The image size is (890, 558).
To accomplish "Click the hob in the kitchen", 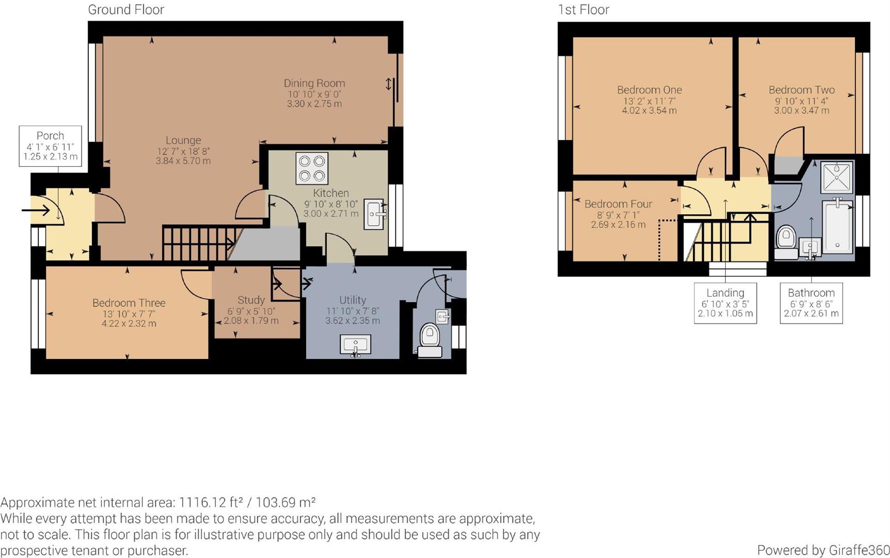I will (312, 168).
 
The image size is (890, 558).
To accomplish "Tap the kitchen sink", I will (374, 214).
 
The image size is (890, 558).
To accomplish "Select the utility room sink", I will (355, 345).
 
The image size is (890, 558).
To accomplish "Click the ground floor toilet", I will (429, 339).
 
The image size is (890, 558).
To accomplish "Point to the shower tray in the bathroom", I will (836, 177).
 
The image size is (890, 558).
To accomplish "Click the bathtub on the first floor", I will (837, 226).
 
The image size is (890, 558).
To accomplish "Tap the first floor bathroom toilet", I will (786, 242).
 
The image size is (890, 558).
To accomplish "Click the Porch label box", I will (50, 146).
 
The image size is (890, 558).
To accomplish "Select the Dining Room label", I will (314, 83).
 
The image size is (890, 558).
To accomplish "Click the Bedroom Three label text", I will (129, 303).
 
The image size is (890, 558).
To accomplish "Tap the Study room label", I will (251, 300).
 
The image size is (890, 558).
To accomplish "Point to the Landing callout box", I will (725, 303).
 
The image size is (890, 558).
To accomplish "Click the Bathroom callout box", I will (810, 303).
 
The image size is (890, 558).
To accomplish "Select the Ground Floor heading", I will (126, 9).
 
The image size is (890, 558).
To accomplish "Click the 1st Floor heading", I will (583, 9).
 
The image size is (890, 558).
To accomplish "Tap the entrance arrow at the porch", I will (36, 210).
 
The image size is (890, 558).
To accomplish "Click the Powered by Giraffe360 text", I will (823, 550).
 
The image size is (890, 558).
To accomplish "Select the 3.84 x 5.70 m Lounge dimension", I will (183, 161).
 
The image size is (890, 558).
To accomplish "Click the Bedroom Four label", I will (618, 204).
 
